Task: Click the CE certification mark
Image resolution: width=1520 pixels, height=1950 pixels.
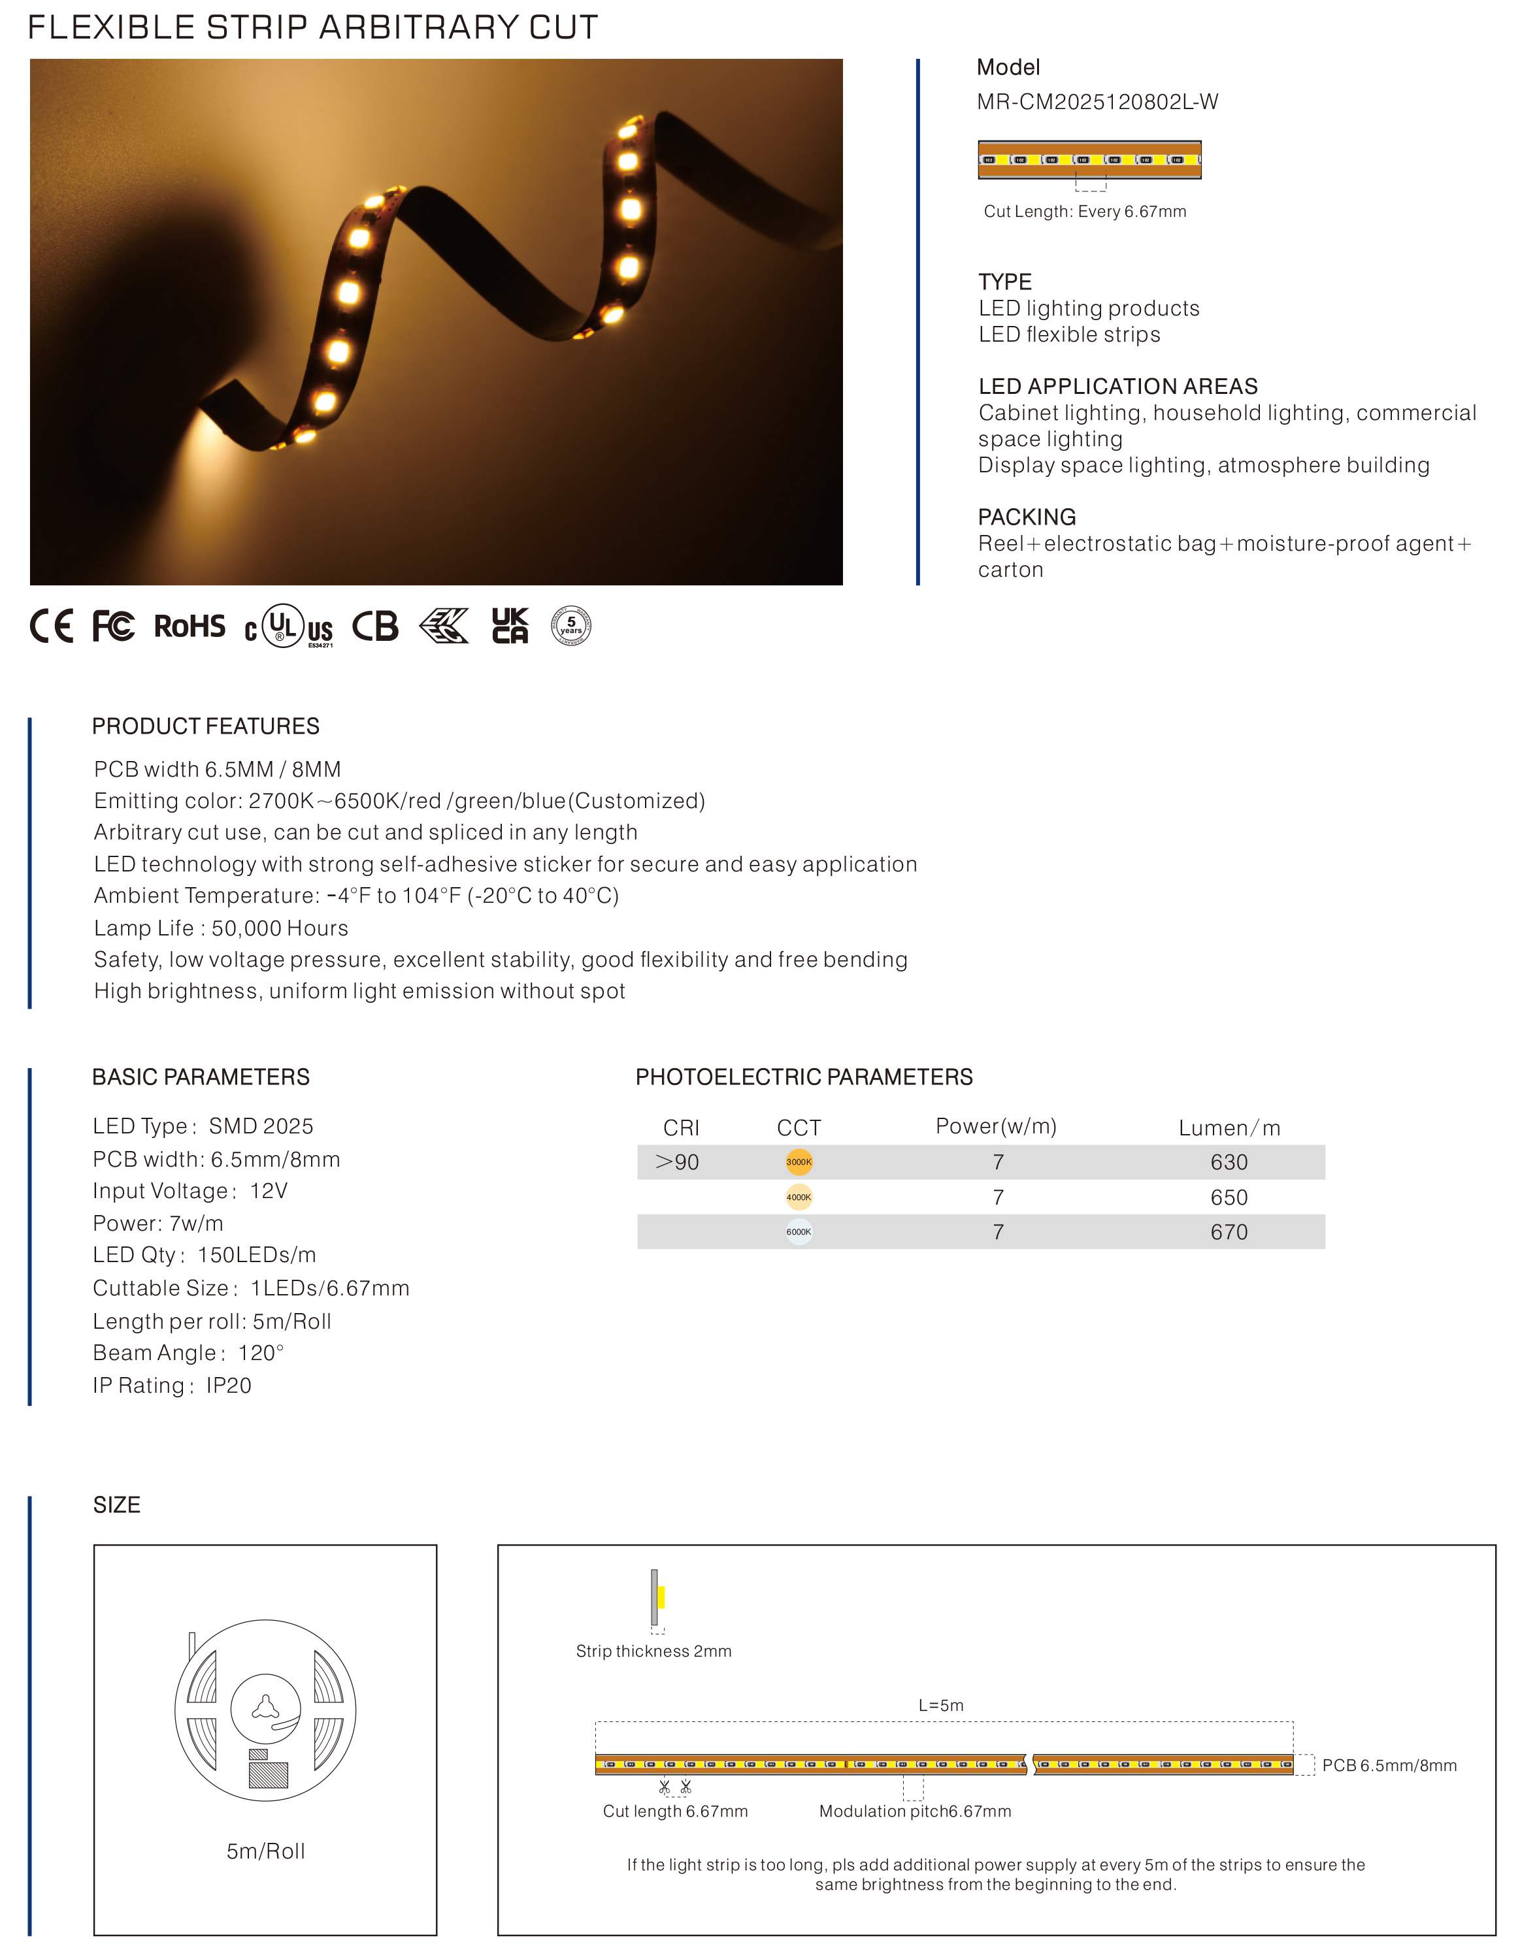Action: tap(51, 626)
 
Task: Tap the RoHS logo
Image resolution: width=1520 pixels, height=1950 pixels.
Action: tap(190, 626)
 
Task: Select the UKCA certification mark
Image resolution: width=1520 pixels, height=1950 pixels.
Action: tap(510, 626)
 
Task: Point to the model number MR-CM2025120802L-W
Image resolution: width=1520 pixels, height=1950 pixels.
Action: tap(1097, 102)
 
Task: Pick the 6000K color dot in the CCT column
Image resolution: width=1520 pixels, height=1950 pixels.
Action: tap(799, 1232)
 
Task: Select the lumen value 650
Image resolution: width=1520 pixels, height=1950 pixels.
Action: tap(1229, 1197)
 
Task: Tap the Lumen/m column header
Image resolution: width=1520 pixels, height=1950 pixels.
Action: tap(1229, 1128)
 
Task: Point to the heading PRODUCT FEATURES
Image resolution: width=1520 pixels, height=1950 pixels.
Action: tap(205, 726)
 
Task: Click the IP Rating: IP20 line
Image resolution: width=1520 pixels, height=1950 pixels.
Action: tap(173, 1385)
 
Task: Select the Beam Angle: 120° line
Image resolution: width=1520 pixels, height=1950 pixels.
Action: tap(188, 1353)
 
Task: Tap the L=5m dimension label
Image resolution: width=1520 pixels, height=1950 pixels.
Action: tap(941, 1706)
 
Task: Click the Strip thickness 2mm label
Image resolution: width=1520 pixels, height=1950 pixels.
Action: tap(653, 1651)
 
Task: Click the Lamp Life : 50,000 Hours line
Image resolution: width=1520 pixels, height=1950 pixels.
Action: tap(221, 928)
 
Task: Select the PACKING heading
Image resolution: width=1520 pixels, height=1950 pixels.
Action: tap(1027, 517)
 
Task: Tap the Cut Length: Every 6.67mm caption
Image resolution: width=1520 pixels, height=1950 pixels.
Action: tap(1085, 212)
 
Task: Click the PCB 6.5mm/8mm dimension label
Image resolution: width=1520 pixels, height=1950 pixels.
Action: tap(1389, 1765)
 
